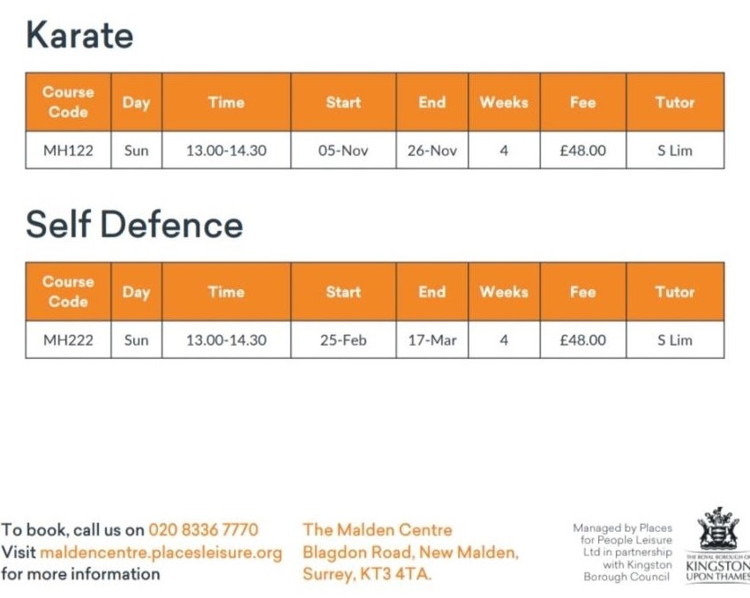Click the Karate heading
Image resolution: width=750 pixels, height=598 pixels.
coord(79,35)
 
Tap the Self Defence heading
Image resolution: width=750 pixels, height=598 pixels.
coord(134,224)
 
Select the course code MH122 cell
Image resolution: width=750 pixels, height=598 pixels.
coord(68,151)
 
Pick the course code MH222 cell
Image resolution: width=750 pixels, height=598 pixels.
coord(68,340)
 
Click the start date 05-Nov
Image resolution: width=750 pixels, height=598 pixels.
coord(342,151)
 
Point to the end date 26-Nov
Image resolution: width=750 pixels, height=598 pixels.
coord(431,151)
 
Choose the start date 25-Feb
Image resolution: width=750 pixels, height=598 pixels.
coord(342,340)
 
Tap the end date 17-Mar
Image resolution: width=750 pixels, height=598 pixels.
coord(431,340)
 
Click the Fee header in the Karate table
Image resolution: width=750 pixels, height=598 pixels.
coord(582,102)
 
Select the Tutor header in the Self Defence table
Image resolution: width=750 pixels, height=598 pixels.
coord(674,292)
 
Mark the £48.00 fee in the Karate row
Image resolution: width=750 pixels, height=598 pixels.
coord(582,151)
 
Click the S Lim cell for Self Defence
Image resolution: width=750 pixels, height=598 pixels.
coord(674,340)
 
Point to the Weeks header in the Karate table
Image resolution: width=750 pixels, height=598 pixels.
coord(503,102)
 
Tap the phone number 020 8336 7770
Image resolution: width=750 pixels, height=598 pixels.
coord(203,530)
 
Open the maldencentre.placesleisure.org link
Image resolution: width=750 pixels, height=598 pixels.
coord(161,553)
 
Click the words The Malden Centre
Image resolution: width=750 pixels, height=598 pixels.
coord(377,530)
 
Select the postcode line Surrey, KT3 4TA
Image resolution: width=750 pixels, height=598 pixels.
coord(367,574)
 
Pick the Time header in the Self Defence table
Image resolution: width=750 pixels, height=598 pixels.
coord(226,292)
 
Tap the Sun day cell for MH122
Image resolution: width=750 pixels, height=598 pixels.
coord(136,151)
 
